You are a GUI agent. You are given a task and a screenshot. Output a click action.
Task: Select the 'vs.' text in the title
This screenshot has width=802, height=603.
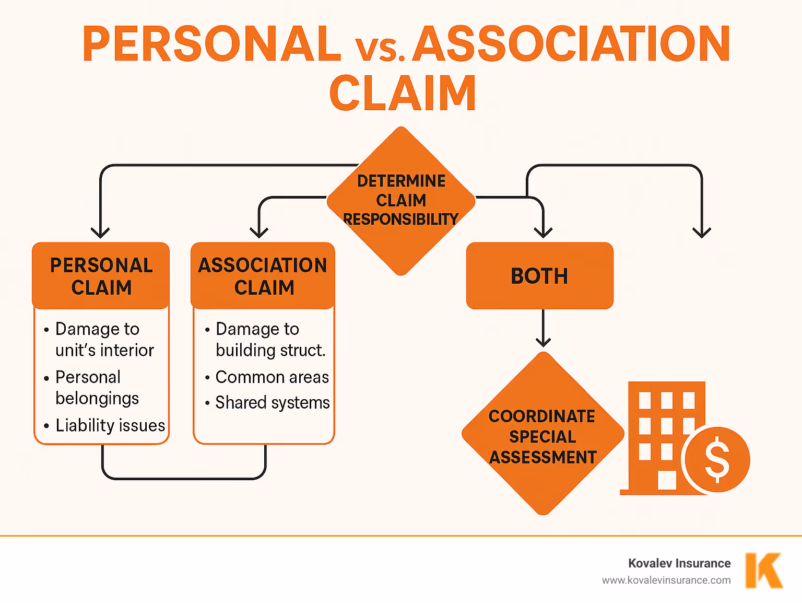tap(380, 48)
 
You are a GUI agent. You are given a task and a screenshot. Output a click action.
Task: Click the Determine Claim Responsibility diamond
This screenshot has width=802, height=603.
tap(401, 201)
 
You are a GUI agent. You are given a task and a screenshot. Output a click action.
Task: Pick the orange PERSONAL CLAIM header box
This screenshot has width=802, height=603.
tap(101, 276)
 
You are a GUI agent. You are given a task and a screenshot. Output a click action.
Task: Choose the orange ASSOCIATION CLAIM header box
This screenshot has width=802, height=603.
tap(263, 276)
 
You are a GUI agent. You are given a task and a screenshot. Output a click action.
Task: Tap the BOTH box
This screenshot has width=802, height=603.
tap(539, 276)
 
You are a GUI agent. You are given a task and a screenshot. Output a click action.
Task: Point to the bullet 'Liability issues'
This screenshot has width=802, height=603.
tap(110, 425)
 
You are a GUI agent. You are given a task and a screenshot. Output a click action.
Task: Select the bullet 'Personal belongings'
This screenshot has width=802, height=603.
tap(97, 388)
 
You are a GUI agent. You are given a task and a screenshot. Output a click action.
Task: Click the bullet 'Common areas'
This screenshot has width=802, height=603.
tap(272, 377)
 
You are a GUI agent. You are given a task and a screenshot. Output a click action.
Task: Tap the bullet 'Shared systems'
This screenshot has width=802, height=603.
tap(272, 403)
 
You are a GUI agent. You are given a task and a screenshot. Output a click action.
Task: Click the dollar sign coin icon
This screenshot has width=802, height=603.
tap(717, 460)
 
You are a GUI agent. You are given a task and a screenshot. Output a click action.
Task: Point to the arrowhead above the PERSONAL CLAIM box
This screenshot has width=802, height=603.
tap(100, 232)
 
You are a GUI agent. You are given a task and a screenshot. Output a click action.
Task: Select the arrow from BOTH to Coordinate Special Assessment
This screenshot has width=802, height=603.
tap(544, 328)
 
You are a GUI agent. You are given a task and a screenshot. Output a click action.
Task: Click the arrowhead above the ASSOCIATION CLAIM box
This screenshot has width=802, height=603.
tap(259, 232)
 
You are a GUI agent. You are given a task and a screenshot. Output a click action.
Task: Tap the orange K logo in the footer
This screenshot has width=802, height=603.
tap(763, 571)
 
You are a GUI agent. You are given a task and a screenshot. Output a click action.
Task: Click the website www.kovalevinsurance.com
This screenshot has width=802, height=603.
tap(666, 580)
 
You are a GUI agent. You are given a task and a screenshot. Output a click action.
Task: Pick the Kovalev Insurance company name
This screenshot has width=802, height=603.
tap(679, 563)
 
